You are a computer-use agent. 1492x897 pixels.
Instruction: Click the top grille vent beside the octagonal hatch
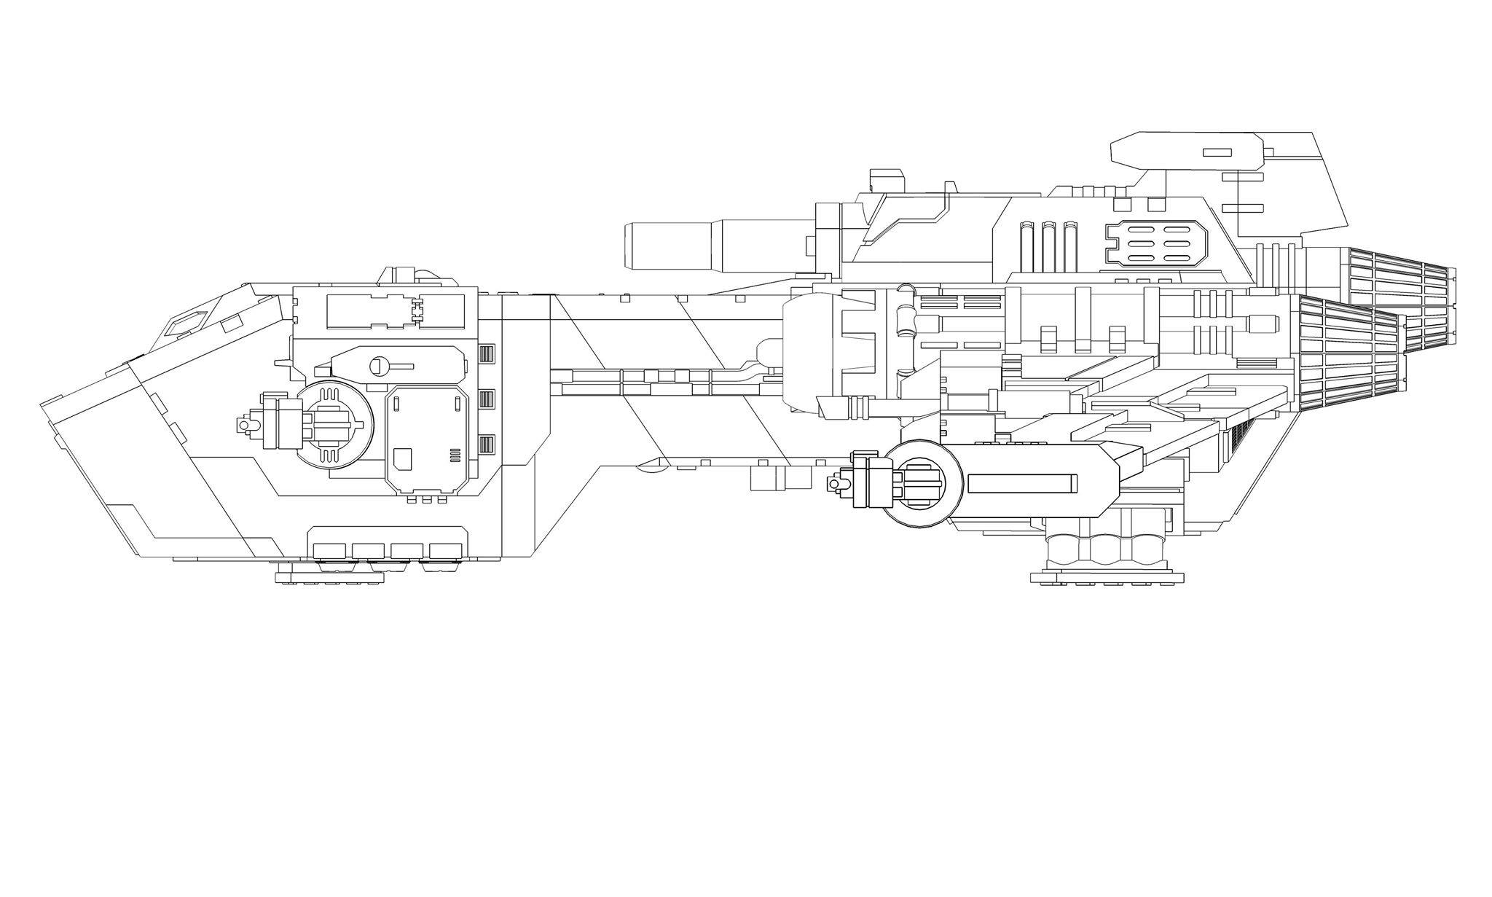click(x=487, y=353)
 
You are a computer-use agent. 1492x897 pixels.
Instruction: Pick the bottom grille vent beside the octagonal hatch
click(x=487, y=444)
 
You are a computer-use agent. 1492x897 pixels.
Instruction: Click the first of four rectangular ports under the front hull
click(x=329, y=551)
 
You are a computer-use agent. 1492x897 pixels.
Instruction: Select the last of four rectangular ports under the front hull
click(x=447, y=551)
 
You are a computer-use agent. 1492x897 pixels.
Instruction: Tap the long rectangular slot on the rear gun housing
click(x=1022, y=482)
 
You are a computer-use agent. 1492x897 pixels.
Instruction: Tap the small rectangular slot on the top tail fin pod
click(x=1217, y=152)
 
